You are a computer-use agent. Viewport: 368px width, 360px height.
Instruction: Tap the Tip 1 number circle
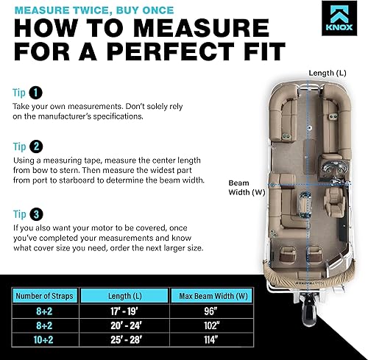tap(35, 93)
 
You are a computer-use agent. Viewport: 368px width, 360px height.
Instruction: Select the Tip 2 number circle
tap(35, 145)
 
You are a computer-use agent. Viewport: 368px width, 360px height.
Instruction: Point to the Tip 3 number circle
tap(35, 215)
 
